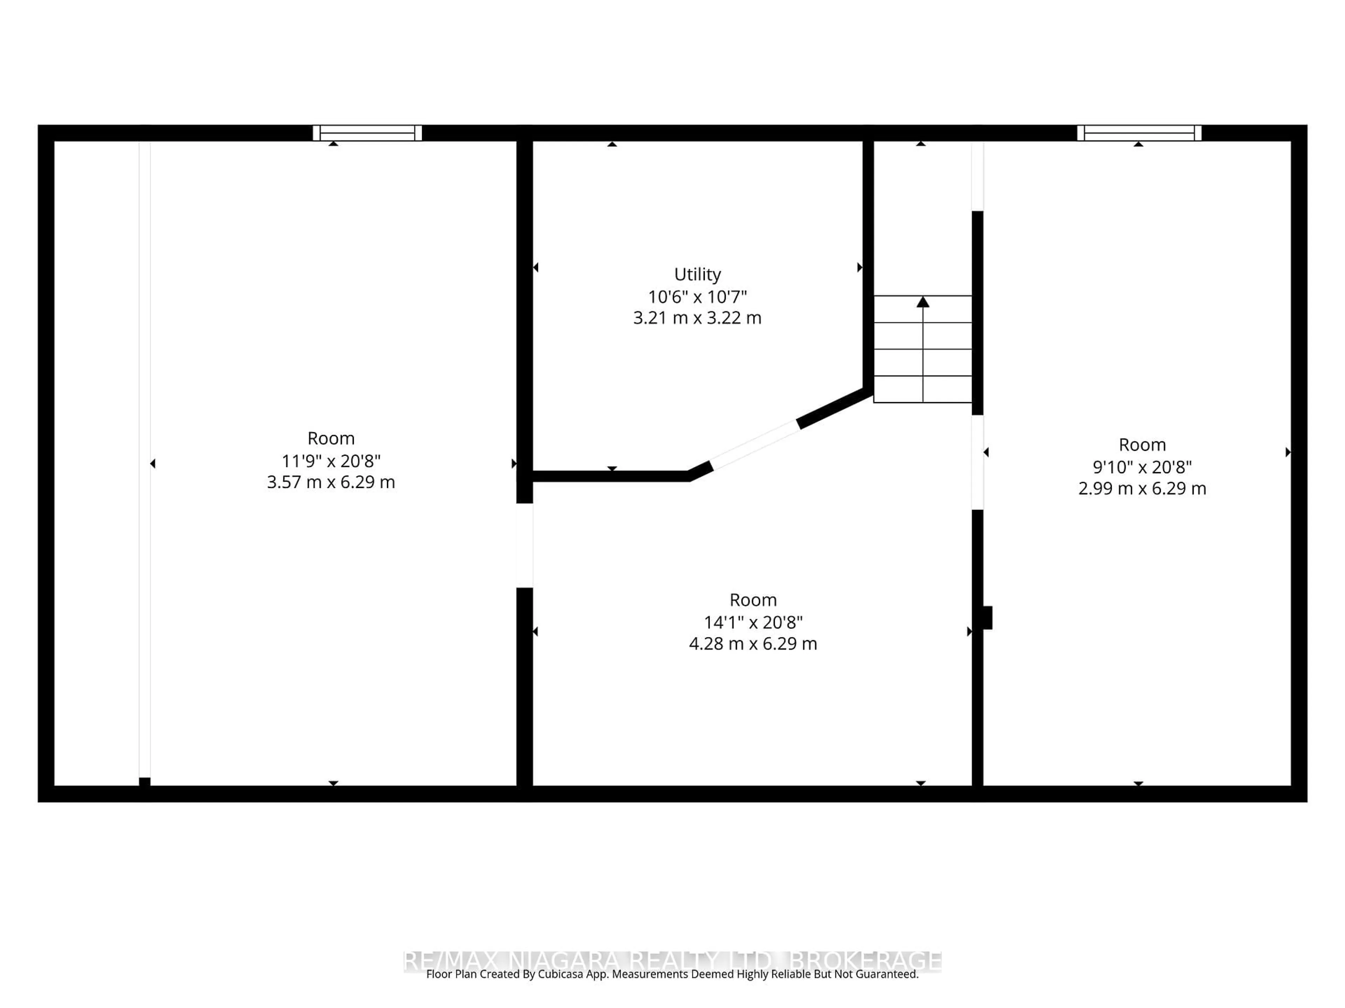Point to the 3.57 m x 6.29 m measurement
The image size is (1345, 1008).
point(331,482)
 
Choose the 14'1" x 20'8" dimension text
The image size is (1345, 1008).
point(753,622)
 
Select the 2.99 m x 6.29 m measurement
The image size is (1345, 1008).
point(1142,489)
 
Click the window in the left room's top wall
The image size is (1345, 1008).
point(367,133)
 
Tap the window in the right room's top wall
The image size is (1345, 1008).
point(1139,133)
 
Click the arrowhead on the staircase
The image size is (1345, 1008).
point(923,302)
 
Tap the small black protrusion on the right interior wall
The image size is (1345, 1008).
point(987,617)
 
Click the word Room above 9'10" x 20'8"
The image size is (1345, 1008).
point(1142,445)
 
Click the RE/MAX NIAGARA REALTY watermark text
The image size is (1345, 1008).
point(672,961)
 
